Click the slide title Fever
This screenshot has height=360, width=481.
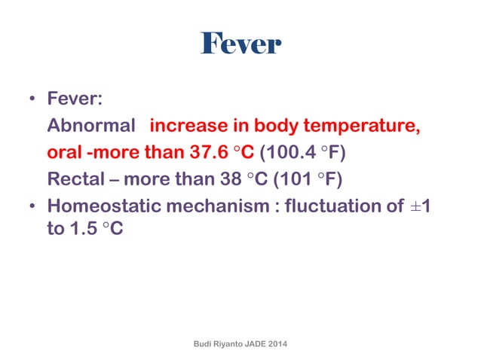240,44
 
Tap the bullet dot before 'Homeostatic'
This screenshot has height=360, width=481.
32,206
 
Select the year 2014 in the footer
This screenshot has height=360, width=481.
277,343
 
